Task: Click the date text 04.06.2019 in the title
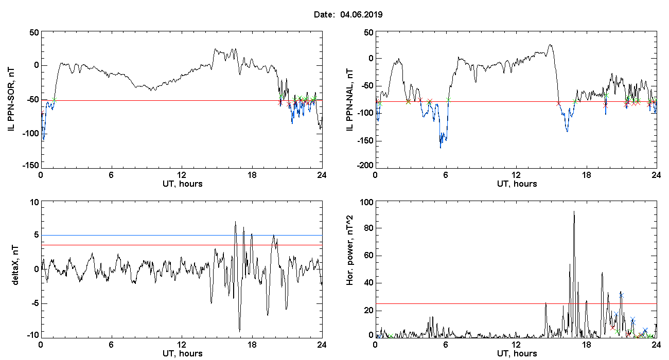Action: [361, 14]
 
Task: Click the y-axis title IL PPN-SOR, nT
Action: [11, 100]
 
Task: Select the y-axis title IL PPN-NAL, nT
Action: [349, 100]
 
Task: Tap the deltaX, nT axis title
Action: [15, 265]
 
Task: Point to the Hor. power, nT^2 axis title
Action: [349, 249]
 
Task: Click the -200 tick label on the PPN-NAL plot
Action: [365, 166]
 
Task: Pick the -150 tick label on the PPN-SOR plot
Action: [31, 166]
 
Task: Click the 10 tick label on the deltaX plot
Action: [34, 203]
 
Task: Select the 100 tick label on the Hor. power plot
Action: [367, 203]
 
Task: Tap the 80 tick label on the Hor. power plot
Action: [369, 228]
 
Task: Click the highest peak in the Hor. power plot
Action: [574, 211]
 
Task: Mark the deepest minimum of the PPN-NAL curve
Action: [441, 148]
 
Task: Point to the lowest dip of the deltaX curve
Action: [239, 331]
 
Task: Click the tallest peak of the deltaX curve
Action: [235, 222]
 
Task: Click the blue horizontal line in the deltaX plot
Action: [182, 236]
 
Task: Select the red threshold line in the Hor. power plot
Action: [516, 303]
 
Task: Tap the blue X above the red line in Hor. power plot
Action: [622, 296]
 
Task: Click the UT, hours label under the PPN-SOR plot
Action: [183, 184]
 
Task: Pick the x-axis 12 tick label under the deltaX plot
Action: [182, 345]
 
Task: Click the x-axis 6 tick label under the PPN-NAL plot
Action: [446, 175]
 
